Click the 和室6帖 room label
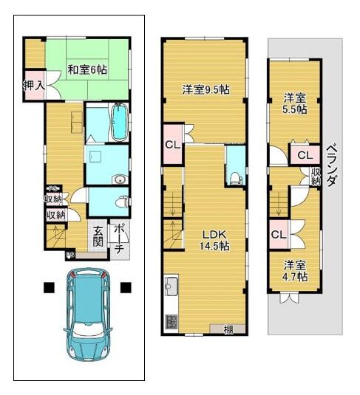pyautogui.click(x=87, y=69)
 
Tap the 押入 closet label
pyautogui.click(x=34, y=86)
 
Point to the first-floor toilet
pyautogui.click(x=122, y=202)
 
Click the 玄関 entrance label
pyautogui.click(x=98, y=236)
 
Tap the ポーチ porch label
pyautogui.click(x=118, y=238)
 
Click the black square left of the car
pyautogui.click(x=49, y=288)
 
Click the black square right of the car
pyautogui.click(x=126, y=288)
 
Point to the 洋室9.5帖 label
pyautogui.click(x=206, y=89)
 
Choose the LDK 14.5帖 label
pyautogui.click(x=214, y=240)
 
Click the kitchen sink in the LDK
pyautogui.click(x=171, y=286)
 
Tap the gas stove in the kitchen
pyautogui.click(x=171, y=322)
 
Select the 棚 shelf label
pyautogui.click(x=228, y=329)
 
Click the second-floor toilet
pyautogui.click(x=235, y=178)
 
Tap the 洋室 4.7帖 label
pyautogui.click(x=295, y=271)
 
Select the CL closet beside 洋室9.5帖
pyautogui.click(x=173, y=145)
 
